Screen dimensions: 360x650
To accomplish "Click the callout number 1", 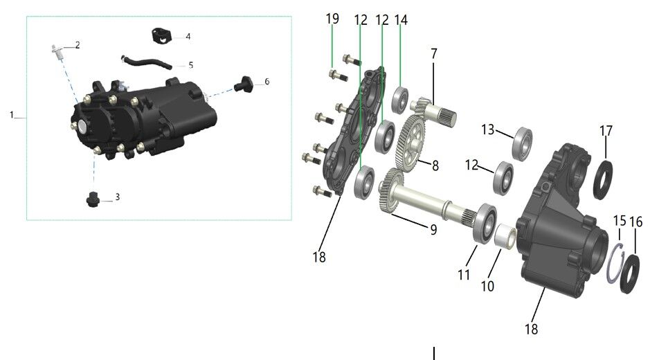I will (x=12, y=115).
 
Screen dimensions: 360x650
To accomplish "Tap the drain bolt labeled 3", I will (x=91, y=200).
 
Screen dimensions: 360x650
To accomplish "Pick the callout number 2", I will (x=78, y=45).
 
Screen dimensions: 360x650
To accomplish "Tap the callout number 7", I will (x=433, y=53).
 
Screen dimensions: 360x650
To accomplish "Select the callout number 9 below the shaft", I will (x=433, y=229).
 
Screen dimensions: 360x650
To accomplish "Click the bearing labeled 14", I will (x=400, y=99).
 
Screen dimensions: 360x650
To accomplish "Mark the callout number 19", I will (x=332, y=19).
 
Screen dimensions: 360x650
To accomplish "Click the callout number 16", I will (x=636, y=222).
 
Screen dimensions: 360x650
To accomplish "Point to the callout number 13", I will (x=488, y=130).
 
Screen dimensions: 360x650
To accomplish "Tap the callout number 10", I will (x=487, y=285).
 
